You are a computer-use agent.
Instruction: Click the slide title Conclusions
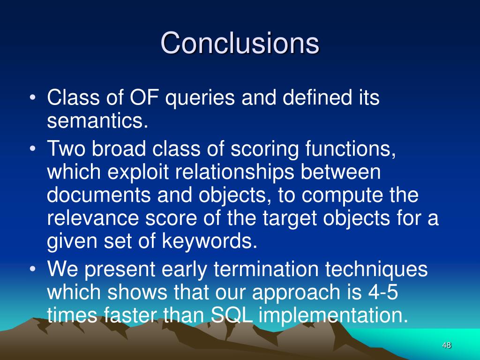[x=240, y=43]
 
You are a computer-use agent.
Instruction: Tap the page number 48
[x=447, y=345]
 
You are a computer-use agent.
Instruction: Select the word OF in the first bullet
[x=144, y=97]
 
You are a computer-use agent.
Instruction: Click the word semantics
[x=97, y=120]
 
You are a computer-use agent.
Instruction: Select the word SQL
[x=232, y=315]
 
